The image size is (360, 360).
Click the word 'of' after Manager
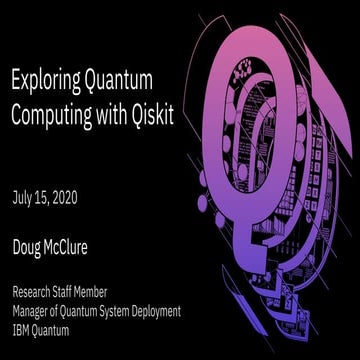63,311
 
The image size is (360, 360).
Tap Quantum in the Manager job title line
93,311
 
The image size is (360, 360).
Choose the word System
135,311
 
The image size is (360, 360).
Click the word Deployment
181,311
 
